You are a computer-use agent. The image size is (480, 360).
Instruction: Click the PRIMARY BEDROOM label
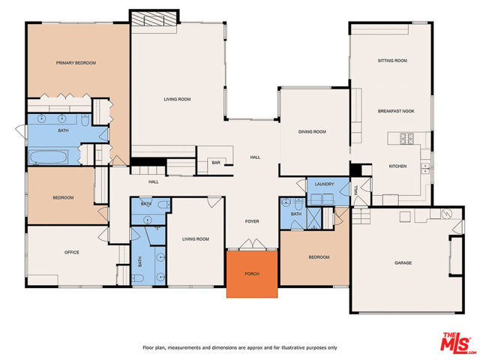tap(76, 63)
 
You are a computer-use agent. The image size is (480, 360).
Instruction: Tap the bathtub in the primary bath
tap(49, 157)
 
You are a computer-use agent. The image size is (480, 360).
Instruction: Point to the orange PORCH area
tap(253, 274)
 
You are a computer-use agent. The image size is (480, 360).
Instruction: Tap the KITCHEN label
tap(397, 166)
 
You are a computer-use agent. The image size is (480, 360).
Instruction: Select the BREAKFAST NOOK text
tap(396, 111)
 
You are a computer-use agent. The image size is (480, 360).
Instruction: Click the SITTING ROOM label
tap(391, 60)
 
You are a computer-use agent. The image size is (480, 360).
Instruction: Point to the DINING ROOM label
tap(312, 132)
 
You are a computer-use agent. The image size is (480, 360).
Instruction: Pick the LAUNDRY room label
tap(324, 184)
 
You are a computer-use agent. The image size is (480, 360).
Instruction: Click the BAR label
tap(215, 162)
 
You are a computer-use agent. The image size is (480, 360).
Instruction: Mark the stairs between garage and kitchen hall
tap(362, 218)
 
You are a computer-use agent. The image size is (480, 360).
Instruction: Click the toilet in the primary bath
tap(86, 120)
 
